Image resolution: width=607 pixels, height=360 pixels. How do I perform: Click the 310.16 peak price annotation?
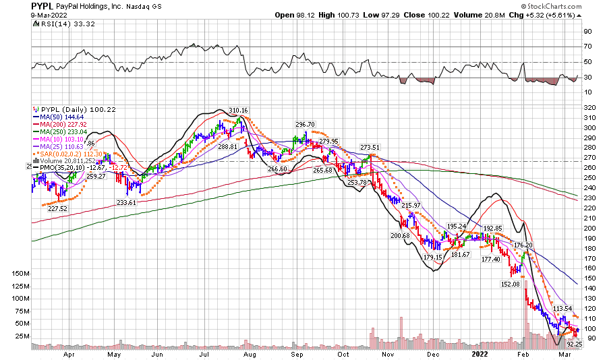pos(239,111)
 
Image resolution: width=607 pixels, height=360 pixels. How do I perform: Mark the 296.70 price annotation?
pos(305,125)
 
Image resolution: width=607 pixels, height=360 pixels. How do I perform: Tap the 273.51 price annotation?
pos(370,147)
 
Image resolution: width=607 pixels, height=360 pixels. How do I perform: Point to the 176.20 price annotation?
pos(524,245)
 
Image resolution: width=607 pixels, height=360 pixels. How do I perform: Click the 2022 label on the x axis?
pos(480,353)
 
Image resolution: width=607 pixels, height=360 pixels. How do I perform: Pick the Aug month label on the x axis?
pos(250,353)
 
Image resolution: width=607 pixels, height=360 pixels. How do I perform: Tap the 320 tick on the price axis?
pos(588,107)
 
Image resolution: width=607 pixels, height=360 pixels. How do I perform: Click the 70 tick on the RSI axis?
pos(587,47)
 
